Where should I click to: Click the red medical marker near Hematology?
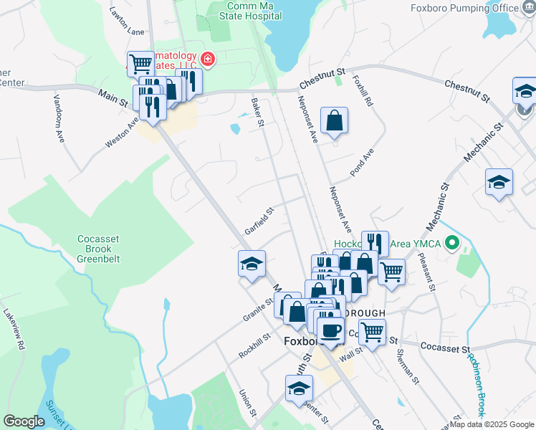click(x=208, y=59)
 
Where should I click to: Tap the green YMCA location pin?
click(x=451, y=244)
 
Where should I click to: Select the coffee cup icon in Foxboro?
click(x=330, y=330)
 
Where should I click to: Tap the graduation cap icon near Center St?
click(x=299, y=389)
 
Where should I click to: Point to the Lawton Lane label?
click(x=126, y=21)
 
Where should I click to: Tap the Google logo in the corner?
click(x=24, y=421)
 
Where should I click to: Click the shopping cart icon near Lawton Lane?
click(x=140, y=63)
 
